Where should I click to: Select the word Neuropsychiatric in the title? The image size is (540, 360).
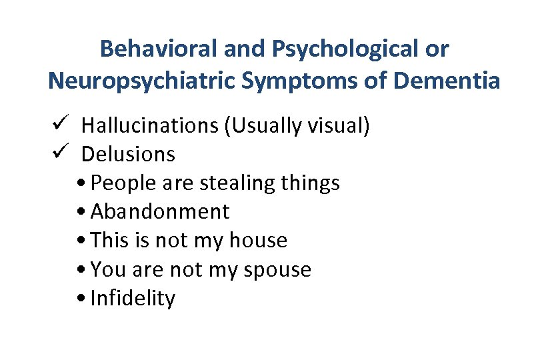click(x=143, y=81)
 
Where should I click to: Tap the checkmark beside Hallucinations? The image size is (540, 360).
click(x=56, y=123)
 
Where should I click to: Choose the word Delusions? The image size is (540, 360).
click(x=128, y=154)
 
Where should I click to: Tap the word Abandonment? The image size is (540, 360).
click(x=159, y=211)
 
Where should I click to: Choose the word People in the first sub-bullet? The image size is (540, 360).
click(x=118, y=183)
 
